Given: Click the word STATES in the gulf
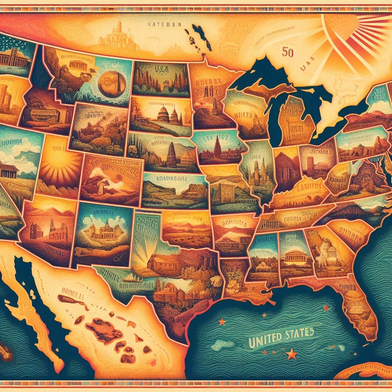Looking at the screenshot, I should (299, 332).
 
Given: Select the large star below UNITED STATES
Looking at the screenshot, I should (292, 353).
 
